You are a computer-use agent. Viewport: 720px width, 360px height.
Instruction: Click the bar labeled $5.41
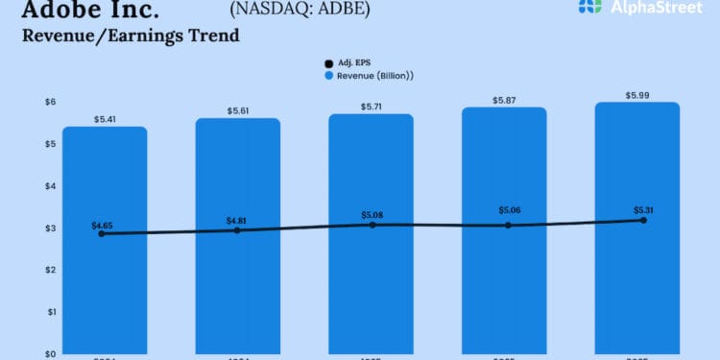pyautogui.click(x=105, y=240)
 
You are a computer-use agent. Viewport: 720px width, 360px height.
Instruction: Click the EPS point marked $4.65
pyautogui.click(x=102, y=233)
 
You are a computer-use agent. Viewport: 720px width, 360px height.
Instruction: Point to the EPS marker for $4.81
pyautogui.click(x=237, y=230)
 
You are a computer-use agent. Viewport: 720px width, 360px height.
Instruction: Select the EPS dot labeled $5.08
pyautogui.click(x=372, y=224)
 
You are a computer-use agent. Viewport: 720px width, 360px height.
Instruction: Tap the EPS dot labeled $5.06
pyautogui.click(x=509, y=225)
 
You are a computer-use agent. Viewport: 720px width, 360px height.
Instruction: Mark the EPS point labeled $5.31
pyautogui.click(x=643, y=220)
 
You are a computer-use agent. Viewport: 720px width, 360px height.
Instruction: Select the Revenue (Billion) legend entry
pyautogui.click(x=374, y=75)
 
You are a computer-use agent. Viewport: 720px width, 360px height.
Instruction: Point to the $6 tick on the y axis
pyautogui.click(x=51, y=102)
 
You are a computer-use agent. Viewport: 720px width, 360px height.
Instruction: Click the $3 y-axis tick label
pyautogui.click(x=51, y=228)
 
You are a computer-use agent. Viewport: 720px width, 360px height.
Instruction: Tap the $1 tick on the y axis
pyautogui.click(x=51, y=312)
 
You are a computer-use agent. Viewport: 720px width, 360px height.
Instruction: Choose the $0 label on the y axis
pyautogui.click(x=51, y=353)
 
